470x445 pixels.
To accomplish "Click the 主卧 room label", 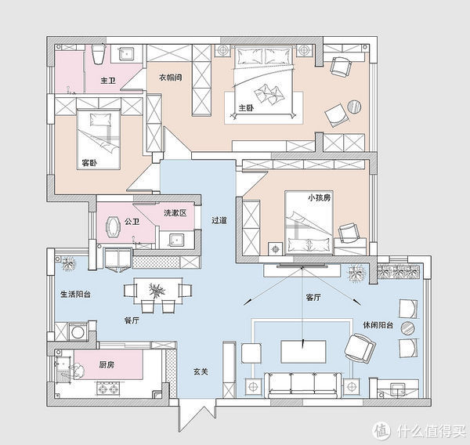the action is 246,108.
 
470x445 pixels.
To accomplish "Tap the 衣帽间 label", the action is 170,78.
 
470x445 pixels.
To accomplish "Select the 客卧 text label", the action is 89,163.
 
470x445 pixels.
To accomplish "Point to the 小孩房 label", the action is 320,197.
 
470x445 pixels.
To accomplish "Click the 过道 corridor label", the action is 219,220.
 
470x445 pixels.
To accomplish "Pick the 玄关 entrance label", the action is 201,372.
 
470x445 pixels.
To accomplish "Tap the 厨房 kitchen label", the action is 107,364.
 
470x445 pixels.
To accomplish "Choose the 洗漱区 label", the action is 175,213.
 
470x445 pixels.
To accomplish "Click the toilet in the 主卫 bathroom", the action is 98,54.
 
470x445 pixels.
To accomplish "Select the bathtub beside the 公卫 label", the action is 112,227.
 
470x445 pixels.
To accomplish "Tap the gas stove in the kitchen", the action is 108,389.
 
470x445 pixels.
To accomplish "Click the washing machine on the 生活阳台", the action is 78,332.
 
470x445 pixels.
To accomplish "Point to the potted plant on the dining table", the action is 157,291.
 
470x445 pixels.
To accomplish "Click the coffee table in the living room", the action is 303,352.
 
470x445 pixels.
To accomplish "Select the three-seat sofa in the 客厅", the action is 302,385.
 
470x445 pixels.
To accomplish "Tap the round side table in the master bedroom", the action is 354,107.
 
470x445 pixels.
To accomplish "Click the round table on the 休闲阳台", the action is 407,328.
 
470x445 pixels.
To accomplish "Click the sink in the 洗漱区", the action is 176,241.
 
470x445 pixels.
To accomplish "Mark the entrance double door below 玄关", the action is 197,415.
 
